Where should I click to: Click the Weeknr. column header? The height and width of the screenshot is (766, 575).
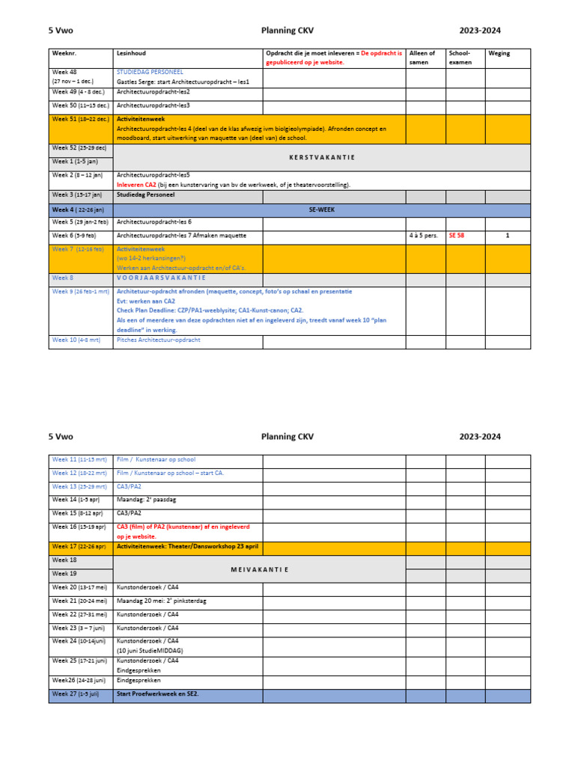[x=64, y=54]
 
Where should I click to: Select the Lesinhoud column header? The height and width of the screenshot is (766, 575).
[x=131, y=54]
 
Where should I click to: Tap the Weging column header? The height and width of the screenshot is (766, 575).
[x=499, y=54]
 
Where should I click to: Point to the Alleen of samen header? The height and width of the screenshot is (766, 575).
[x=422, y=58]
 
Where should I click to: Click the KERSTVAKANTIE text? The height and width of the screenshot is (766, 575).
[x=321, y=158]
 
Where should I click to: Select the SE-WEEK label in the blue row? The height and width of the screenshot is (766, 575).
[x=321, y=210]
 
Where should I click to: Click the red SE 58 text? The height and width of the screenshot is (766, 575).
[x=457, y=236]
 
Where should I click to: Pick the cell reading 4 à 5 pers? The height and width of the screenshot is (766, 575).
[x=424, y=236]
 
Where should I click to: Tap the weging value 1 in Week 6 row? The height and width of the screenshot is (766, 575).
[x=507, y=236]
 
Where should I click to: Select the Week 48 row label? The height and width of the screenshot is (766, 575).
[x=64, y=73]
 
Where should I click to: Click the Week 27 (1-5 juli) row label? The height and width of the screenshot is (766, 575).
[x=75, y=694]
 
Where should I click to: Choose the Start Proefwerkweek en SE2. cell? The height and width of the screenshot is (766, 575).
[x=158, y=694]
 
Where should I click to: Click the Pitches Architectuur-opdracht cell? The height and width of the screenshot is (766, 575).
[x=159, y=340]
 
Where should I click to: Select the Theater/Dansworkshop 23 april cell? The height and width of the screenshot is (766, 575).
[x=187, y=547]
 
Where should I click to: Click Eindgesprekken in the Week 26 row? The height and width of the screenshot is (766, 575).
[x=139, y=681]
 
